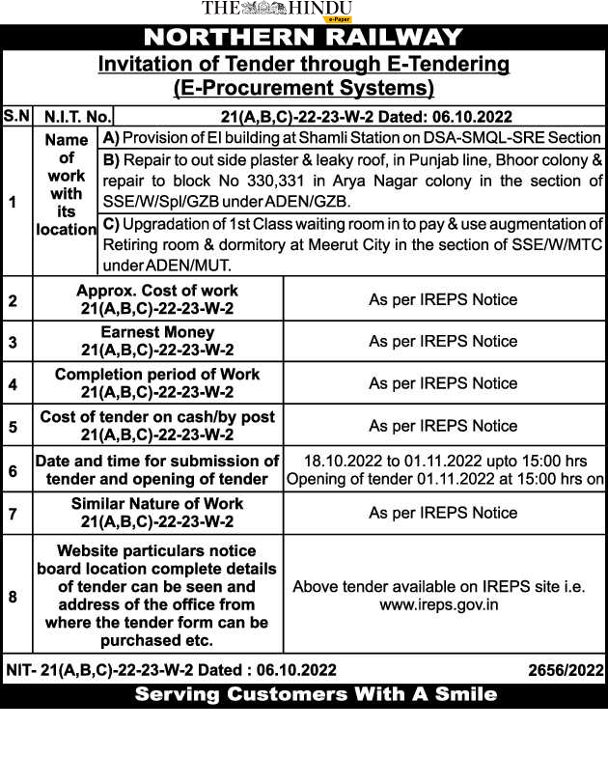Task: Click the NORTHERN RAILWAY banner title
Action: (x=303, y=38)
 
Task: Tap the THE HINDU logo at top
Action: (x=276, y=9)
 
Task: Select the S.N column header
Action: (x=16, y=116)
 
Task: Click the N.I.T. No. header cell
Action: (x=76, y=117)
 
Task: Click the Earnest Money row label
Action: (x=157, y=332)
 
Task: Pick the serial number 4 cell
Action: (x=14, y=384)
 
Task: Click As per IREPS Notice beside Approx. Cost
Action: (x=443, y=299)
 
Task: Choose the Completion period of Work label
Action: (x=157, y=375)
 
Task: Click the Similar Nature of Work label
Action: (x=157, y=504)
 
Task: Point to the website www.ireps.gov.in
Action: (x=438, y=604)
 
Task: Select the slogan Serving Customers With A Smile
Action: (x=316, y=694)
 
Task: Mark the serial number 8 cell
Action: (x=14, y=597)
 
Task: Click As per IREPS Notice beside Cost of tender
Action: (x=443, y=426)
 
